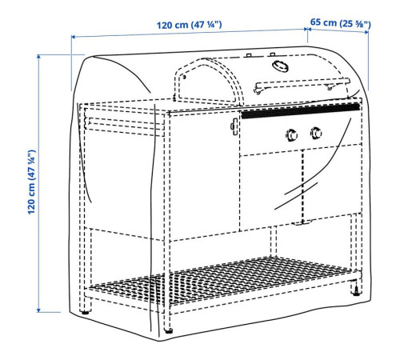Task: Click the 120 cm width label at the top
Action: pos(189,25)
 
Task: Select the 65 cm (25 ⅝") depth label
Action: pos(341,23)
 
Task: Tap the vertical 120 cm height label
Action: pos(31,182)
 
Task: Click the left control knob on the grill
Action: pos(291,134)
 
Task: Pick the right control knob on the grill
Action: pos(316,133)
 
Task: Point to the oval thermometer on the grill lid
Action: pos(280,66)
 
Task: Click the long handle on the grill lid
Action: pos(302,85)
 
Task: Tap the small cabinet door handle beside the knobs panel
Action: pos(234,126)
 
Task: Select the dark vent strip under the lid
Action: pos(300,111)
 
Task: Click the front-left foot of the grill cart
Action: pos(86,311)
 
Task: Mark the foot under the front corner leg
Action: pos(168,331)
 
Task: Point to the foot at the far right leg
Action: pos(356,293)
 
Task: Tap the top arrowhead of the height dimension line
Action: pos(38,57)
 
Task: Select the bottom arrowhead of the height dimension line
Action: pos(38,310)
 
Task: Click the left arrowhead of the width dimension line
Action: pos(74,37)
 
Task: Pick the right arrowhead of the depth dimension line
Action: pos(366,32)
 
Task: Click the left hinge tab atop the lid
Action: pos(249,55)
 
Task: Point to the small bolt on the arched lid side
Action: pos(184,77)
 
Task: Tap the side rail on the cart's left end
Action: pos(124,123)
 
